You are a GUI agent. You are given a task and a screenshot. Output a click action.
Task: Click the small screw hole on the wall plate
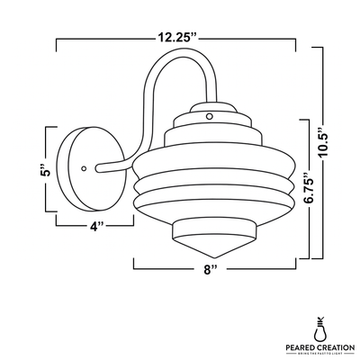pos(85,166)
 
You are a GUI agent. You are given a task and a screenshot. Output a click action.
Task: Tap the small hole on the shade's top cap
pos(209,115)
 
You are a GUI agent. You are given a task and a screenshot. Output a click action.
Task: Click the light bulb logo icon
pos(317,323)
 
